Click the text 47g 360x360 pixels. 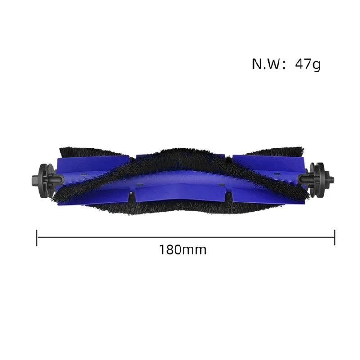(308, 64)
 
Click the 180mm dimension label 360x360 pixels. (182, 250)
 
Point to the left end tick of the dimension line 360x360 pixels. (37, 237)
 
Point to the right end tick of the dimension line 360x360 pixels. (335, 237)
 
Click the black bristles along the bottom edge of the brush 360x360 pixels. (180, 208)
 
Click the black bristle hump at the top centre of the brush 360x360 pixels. (180, 153)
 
